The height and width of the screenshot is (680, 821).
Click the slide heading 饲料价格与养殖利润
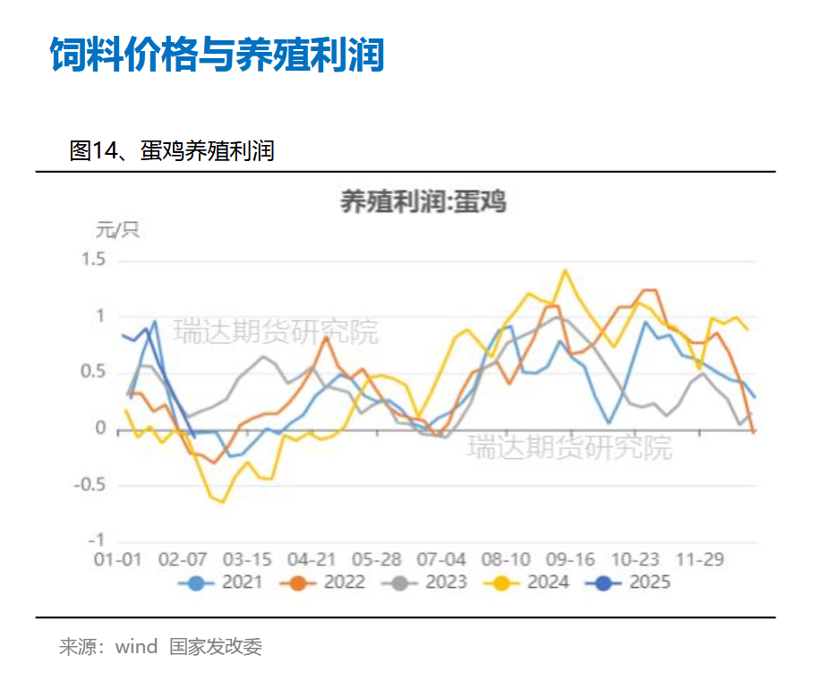click(217, 55)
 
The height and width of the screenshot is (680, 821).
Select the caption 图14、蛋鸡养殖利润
click(171, 151)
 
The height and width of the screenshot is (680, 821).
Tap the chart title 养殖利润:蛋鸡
click(423, 202)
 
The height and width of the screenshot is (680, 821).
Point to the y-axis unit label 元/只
click(117, 230)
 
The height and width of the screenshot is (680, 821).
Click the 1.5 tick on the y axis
click(94, 260)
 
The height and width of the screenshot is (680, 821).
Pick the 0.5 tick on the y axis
click(94, 373)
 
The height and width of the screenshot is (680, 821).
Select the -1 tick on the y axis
click(97, 540)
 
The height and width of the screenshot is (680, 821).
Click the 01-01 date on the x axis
click(118, 559)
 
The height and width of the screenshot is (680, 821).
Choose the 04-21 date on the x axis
click(312, 559)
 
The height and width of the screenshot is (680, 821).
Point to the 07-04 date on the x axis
click(442, 559)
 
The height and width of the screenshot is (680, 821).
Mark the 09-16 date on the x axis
click(570, 559)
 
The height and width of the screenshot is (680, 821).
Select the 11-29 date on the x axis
click(699, 559)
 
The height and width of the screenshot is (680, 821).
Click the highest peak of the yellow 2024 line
click(565, 270)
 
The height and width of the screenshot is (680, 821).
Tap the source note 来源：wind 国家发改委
click(161, 647)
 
